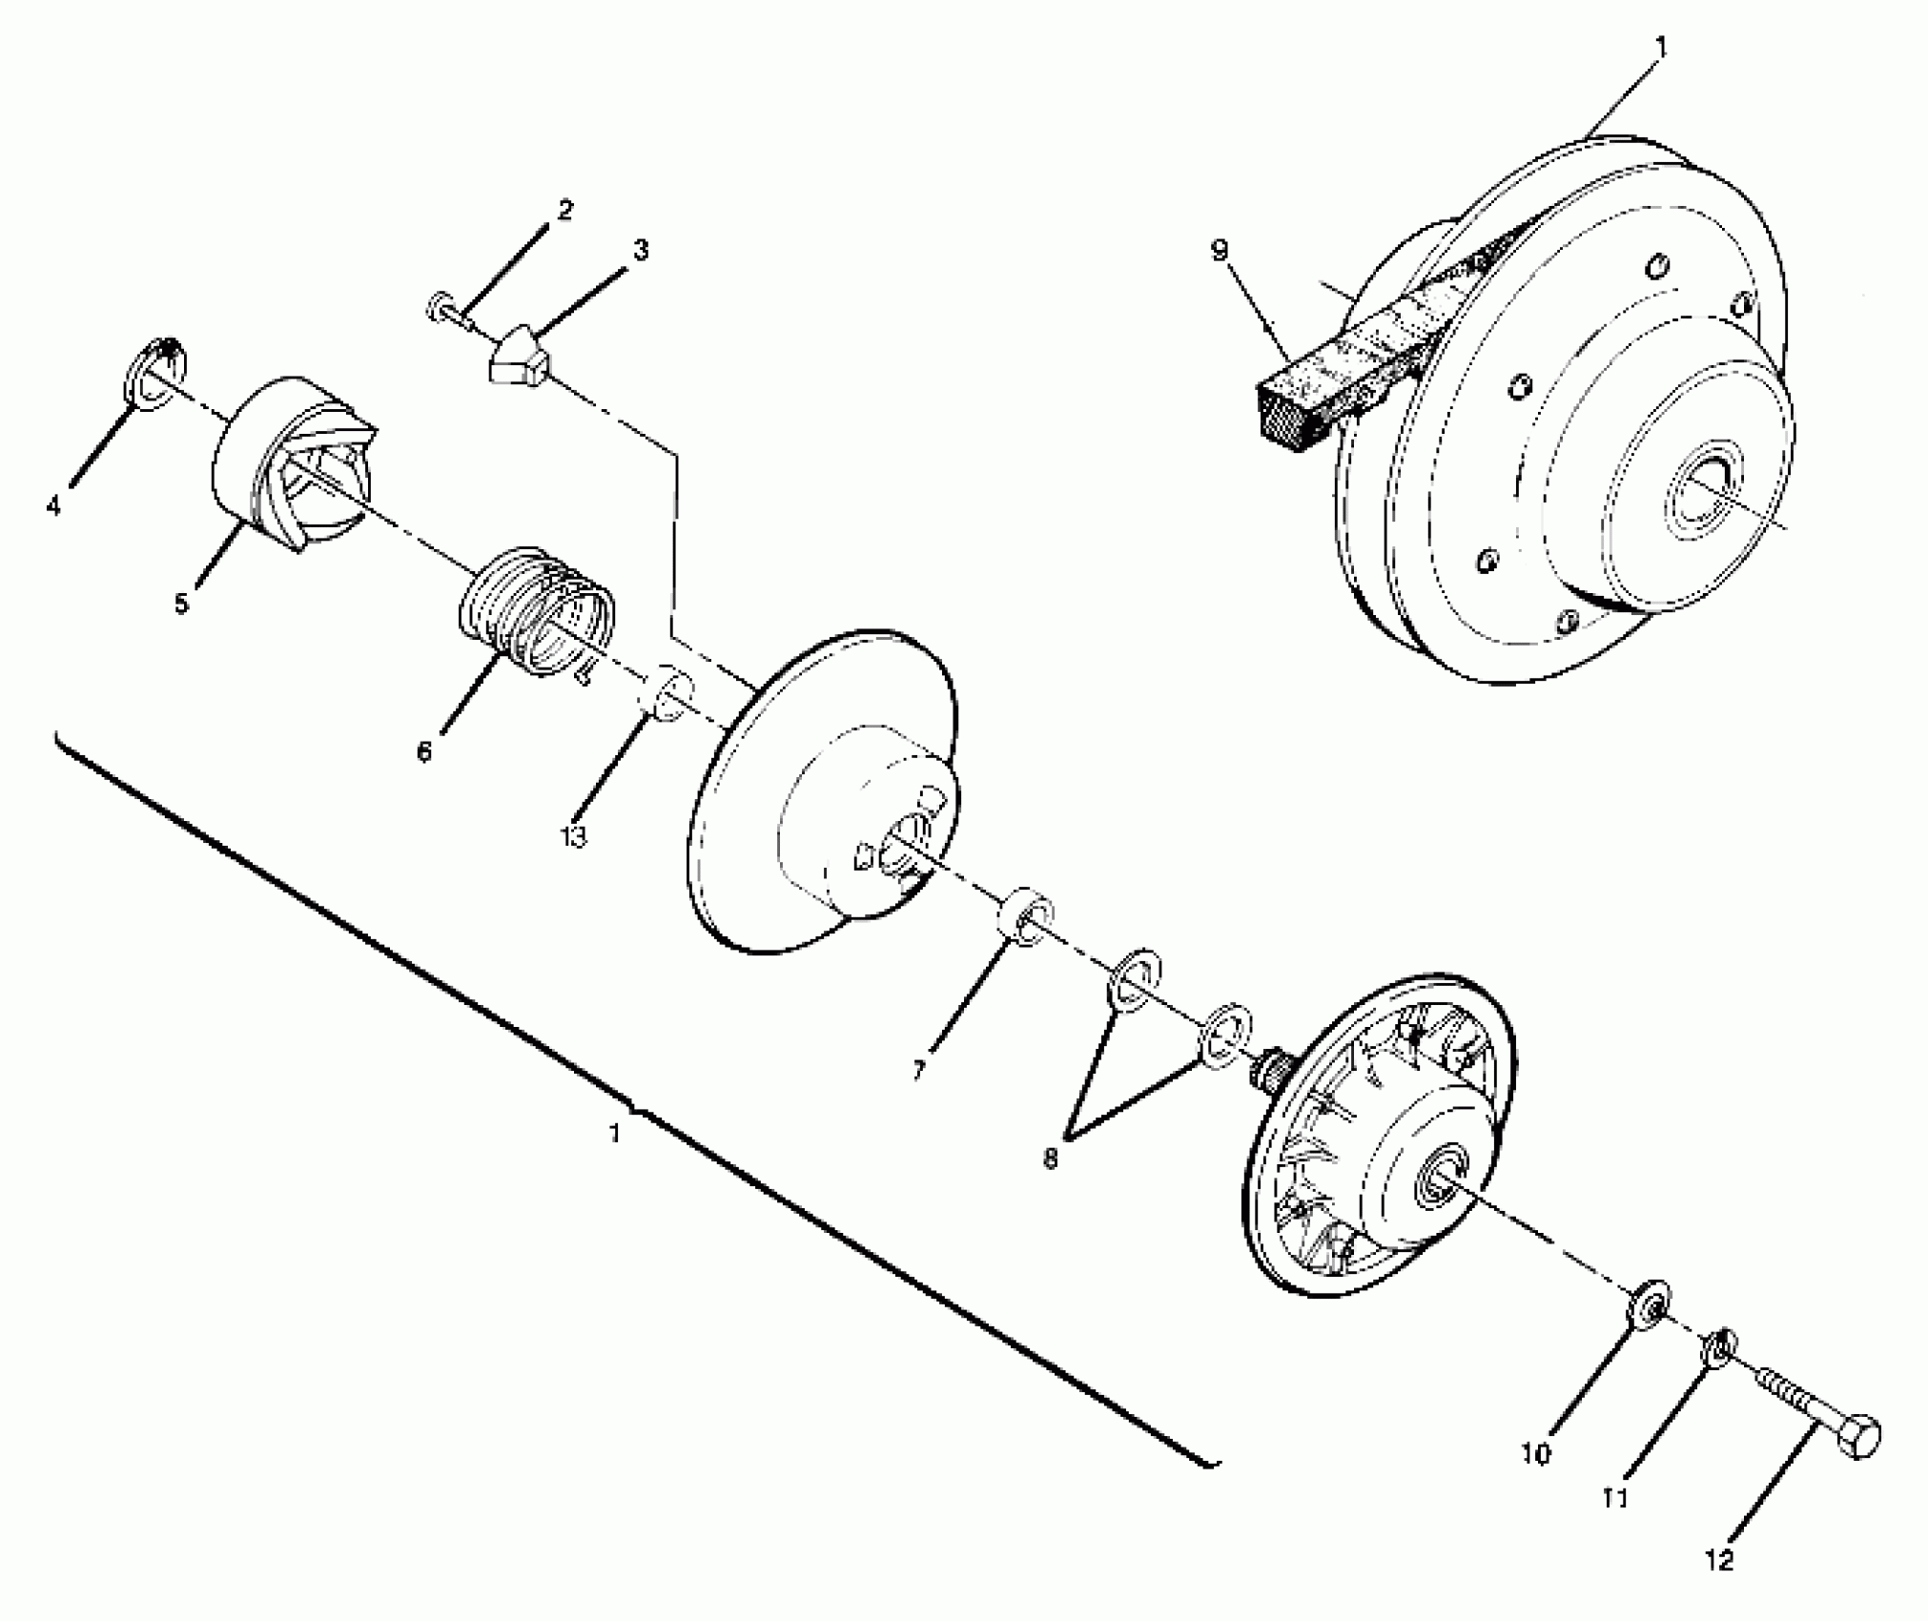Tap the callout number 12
[1718, 1561]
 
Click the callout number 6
[424, 752]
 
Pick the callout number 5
[181, 604]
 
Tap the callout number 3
[641, 251]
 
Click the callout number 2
[565, 211]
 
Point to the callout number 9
[1220, 251]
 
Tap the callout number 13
[573, 836]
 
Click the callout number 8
[1050, 1159]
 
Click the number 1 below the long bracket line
[616, 1134]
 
